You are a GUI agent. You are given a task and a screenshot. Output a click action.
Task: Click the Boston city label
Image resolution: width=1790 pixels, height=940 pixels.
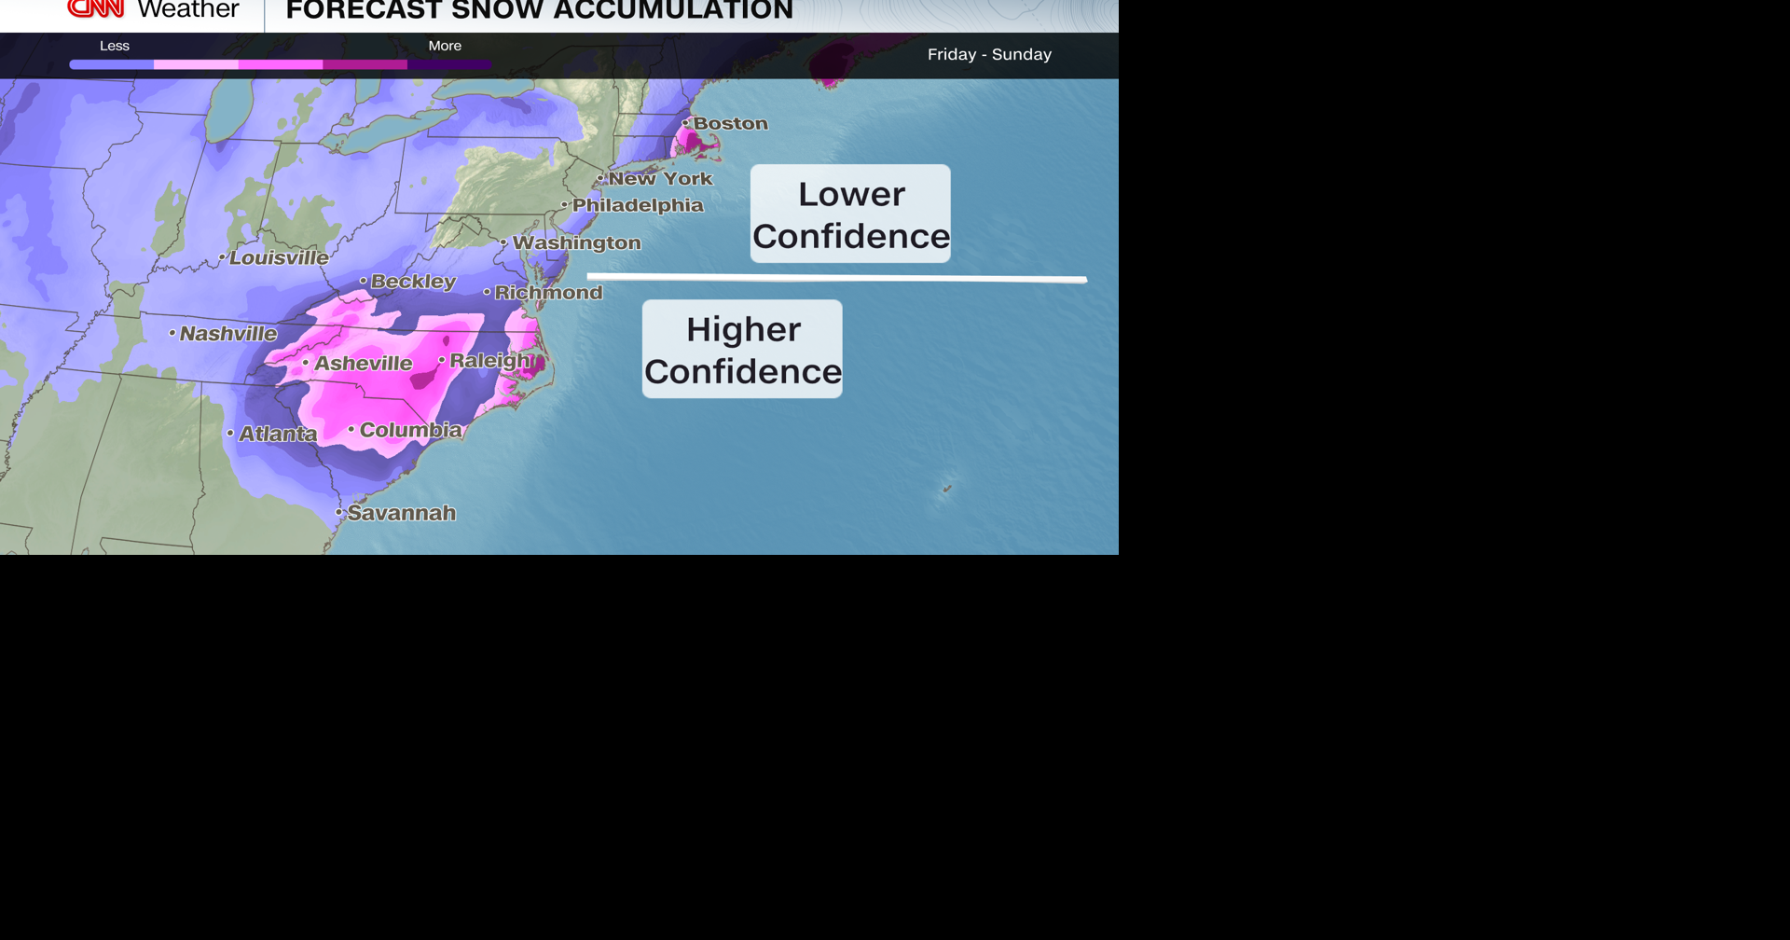click(x=730, y=123)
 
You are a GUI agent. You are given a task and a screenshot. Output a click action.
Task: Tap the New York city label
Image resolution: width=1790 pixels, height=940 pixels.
click(x=660, y=178)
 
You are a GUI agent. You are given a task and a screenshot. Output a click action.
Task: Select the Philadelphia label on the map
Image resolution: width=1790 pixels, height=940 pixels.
click(x=638, y=205)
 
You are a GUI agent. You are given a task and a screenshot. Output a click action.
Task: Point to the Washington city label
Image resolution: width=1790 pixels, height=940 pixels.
click(x=576, y=242)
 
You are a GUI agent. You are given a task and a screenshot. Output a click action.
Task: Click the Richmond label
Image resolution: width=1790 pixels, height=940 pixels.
click(x=548, y=293)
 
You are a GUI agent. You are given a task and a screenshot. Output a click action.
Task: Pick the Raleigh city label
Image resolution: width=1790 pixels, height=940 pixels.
click(x=490, y=360)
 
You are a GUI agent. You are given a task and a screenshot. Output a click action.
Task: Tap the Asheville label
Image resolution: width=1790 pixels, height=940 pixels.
click(x=363, y=364)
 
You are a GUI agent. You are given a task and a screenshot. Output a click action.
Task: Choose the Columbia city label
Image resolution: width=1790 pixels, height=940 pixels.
click(x=410, y=430)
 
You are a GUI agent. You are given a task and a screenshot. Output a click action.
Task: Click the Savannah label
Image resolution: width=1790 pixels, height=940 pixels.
click(x=401, y=513)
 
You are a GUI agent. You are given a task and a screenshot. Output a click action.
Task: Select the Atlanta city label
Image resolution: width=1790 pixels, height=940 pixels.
click(x=278, y=434)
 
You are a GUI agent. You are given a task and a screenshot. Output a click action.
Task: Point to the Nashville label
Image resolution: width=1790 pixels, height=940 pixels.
click(x=227, y=334)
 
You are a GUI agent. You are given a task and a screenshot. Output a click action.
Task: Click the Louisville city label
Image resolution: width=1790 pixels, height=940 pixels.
click(x=279, y=257)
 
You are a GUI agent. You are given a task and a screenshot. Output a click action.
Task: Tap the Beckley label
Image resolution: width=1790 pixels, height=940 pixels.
click(x=413, y=282)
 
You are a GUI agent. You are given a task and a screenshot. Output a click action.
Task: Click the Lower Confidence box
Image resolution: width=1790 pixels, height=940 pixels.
click(x=850, y=214)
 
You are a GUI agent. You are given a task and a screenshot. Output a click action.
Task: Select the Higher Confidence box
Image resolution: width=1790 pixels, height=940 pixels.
click(x=742, y=350)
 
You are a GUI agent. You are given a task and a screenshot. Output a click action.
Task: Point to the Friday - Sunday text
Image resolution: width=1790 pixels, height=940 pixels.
click(x=989, y=55)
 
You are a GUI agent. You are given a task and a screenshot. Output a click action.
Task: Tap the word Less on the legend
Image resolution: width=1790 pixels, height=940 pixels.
click(x=115, y=46)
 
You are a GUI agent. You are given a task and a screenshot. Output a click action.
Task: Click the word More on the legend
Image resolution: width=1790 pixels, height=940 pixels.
click(x=445, y=46)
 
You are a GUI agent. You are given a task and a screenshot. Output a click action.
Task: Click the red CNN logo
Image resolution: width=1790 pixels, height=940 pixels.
click(x=96, y=8)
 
